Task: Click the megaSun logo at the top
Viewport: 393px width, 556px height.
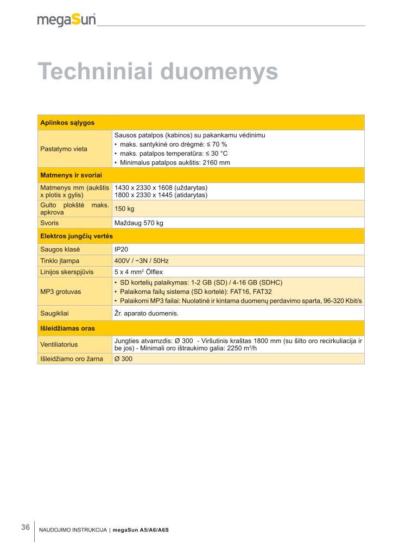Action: point(66,20)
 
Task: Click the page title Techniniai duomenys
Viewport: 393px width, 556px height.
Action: point(157,72)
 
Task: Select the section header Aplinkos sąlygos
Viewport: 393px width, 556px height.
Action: point(67,123)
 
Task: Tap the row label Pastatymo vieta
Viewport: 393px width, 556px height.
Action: point(64,149)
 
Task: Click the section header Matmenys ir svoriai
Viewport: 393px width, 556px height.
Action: point(71,175)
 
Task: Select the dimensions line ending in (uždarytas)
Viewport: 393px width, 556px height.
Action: point(161,188)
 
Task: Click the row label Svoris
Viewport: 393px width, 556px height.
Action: point(50,223)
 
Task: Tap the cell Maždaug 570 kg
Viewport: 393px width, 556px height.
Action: point(138,223)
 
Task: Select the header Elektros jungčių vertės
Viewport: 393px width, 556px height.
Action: point(76,236)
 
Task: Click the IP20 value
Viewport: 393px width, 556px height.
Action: point(121,249)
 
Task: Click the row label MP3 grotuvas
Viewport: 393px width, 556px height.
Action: point(61,292)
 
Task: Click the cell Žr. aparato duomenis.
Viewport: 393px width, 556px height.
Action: point(146,313)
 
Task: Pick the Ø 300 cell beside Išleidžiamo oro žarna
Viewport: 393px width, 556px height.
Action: point(123,358)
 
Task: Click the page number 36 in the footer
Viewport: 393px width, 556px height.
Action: point(26,527)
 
